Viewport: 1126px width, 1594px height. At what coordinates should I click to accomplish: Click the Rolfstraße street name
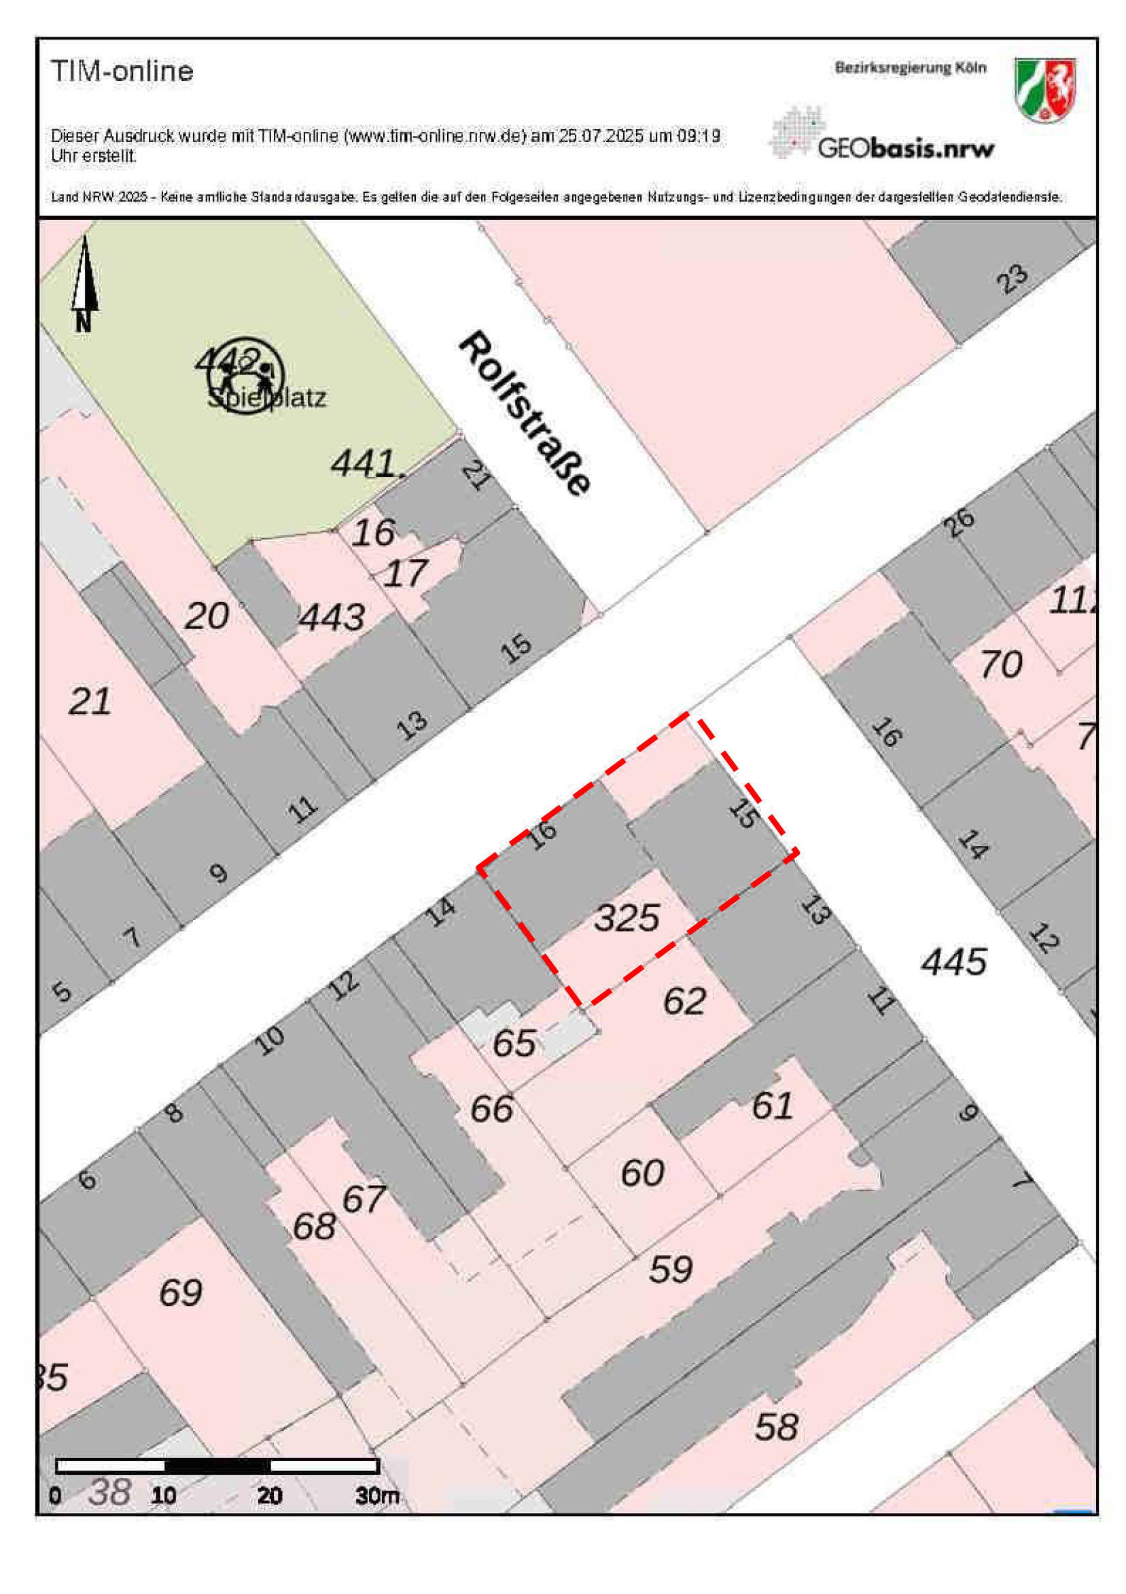525,414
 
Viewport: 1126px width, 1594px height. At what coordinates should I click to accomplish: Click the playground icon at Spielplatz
245,376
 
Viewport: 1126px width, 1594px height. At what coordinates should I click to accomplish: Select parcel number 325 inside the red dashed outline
626,918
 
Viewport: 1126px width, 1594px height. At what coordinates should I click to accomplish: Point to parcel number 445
953,962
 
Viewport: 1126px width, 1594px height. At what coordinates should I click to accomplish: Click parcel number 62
684,1000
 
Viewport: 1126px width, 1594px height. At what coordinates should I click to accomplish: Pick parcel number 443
331,616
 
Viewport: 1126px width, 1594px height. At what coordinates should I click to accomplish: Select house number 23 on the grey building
1011,279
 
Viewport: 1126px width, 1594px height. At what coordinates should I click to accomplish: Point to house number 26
959,522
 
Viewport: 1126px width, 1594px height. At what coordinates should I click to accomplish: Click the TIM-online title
122,71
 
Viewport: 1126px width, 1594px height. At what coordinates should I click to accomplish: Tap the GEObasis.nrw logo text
905,148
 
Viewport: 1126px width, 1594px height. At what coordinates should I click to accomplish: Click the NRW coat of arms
1044,90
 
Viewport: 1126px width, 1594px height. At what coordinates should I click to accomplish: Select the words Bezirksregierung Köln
909,68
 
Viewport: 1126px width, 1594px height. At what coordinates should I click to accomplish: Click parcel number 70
1000,665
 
